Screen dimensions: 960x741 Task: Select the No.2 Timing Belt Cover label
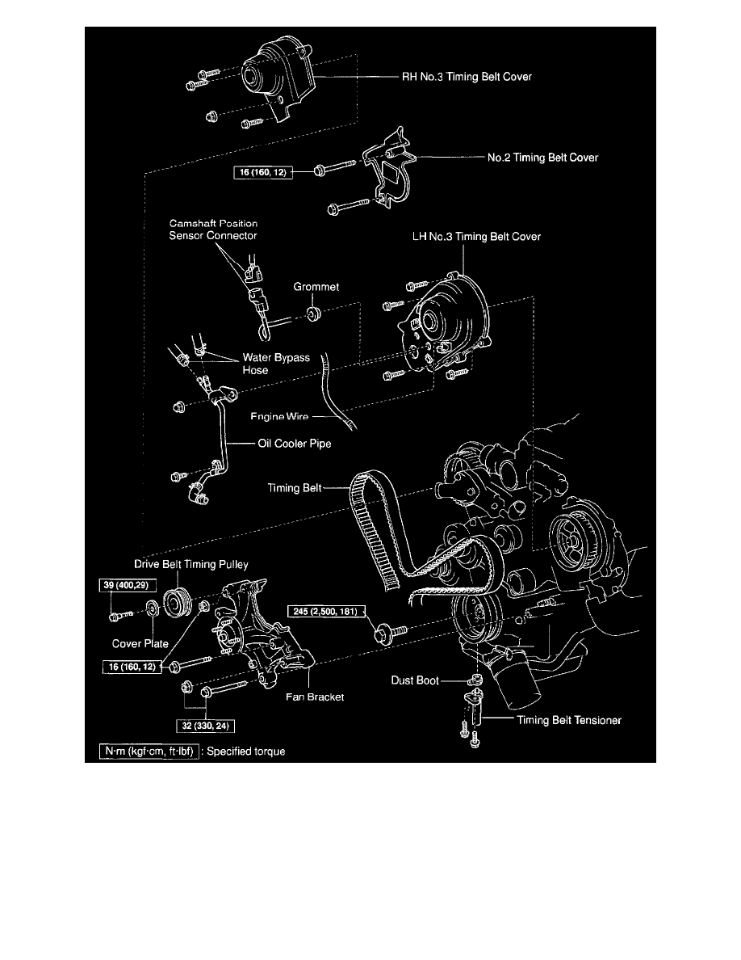[x=542, y=158]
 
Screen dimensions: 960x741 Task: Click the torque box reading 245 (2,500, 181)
[x=325, y=611]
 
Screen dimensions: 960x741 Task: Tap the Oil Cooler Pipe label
[x=278, y=444]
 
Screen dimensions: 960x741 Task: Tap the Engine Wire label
[x=272, y=417]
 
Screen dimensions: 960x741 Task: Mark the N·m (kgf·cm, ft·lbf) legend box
[x=148, y=751]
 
